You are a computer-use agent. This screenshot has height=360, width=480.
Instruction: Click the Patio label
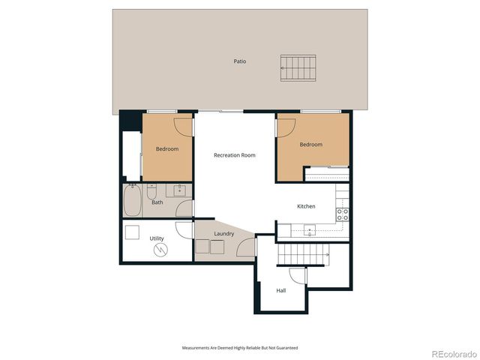[239, 61]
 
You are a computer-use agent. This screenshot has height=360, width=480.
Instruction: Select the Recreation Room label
[234, 155]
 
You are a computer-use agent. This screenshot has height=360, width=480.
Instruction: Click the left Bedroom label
[167, 148]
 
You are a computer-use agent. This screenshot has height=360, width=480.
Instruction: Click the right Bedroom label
[310, 144]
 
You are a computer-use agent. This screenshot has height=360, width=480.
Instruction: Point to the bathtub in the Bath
[133, 200]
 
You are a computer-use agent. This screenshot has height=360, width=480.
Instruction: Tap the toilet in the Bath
[151, 190]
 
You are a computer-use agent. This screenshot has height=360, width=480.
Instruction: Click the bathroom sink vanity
[180, 190]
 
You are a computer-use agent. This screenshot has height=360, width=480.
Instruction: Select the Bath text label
[157, 202]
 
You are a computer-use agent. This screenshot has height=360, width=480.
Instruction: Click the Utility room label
[157, 238]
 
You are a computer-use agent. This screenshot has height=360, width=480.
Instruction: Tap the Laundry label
[223, 233]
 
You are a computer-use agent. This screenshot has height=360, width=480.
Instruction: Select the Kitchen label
[306, 206]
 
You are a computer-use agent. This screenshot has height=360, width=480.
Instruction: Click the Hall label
[281, 290]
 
